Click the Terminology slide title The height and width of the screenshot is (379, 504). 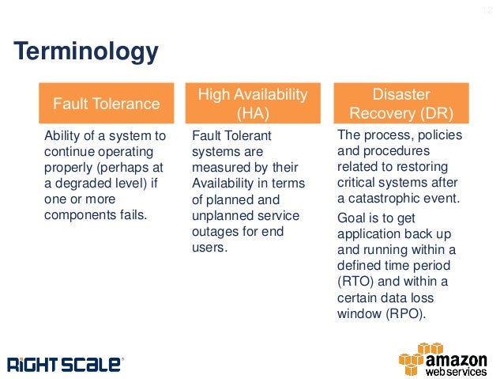tap(87, 52)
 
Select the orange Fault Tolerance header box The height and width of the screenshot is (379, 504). tap(106, 103)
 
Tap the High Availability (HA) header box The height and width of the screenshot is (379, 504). tap(252, 103)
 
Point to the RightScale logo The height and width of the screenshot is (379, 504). tap(66, 364)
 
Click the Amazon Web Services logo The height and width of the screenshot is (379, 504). tap(446, 359)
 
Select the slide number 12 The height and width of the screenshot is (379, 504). tap(487, 10)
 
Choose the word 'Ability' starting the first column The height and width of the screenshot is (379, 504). tap(60, 136)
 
